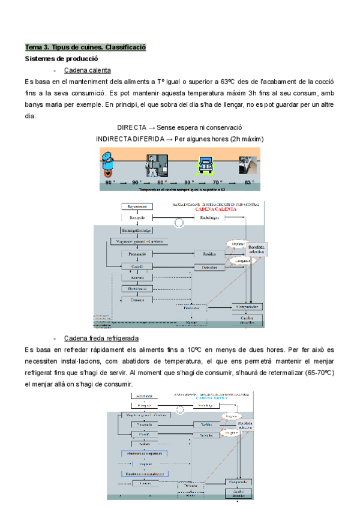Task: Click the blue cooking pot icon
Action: (x=109, y=163)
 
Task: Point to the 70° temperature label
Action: (x=216, y=182)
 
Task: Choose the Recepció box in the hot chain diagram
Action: (x=137, y=218)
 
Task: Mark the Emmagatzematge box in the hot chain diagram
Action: (x=136, y=230)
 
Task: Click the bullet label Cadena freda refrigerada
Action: (x=101, y=338)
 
